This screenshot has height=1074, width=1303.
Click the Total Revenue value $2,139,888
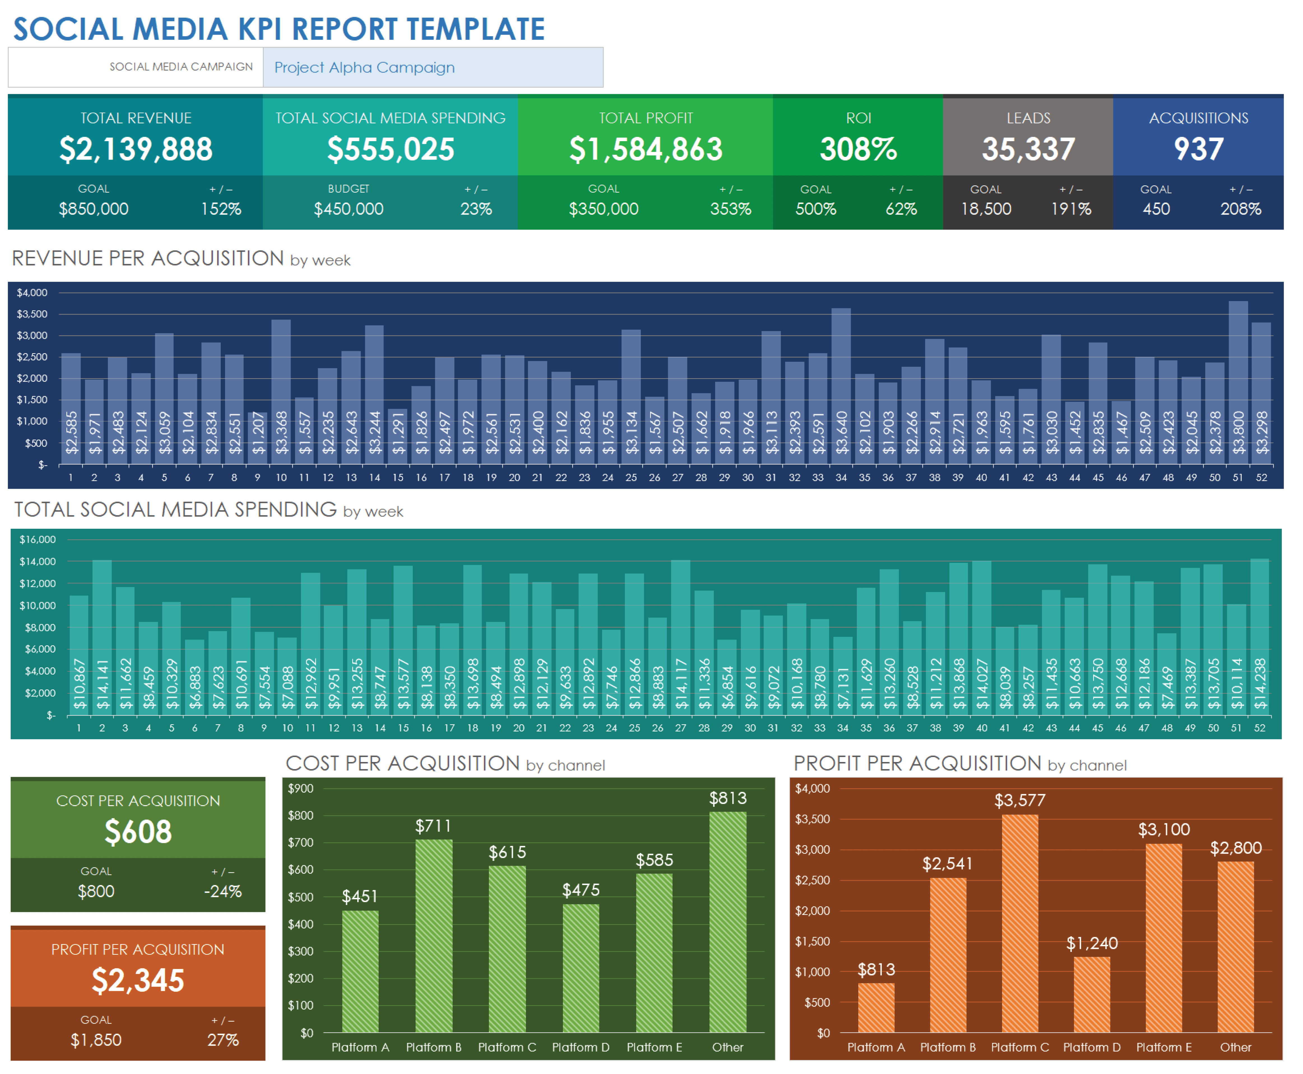(136, 149)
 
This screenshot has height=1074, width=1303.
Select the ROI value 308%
(858, 149)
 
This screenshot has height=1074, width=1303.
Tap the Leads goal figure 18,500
(986, 209)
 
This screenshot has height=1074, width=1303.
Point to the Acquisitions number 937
(1198, 149)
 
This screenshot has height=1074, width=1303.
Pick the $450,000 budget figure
(349, 209)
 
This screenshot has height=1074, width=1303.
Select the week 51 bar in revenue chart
(1238, 384)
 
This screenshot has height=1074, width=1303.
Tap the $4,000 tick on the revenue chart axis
(32, 293)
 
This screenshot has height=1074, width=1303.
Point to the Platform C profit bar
(1019, 922)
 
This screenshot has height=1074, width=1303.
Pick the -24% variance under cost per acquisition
(223, 891)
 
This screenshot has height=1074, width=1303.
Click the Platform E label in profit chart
(1164, 1047)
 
